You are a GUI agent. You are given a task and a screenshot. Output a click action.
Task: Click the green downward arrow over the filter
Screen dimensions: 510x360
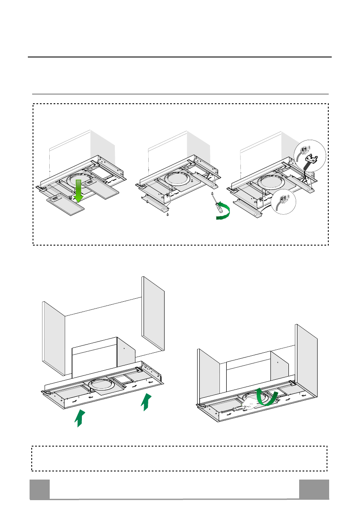[x=78, y=191]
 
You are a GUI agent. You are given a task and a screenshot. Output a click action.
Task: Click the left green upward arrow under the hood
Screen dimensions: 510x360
[x=78, y=418]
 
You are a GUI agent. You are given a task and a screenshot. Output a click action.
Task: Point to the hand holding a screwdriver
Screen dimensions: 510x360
[x=251, y=405]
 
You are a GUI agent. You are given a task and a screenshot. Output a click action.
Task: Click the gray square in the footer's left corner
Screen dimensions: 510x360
[x=39, y=489]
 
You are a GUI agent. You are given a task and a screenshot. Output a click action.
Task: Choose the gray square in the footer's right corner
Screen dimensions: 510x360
[x=314, y=489]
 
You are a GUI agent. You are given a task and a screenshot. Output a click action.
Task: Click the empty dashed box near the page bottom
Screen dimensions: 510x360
[x=180, y=458]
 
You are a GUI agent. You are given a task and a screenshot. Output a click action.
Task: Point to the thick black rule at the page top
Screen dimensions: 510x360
[x=180, y=57]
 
